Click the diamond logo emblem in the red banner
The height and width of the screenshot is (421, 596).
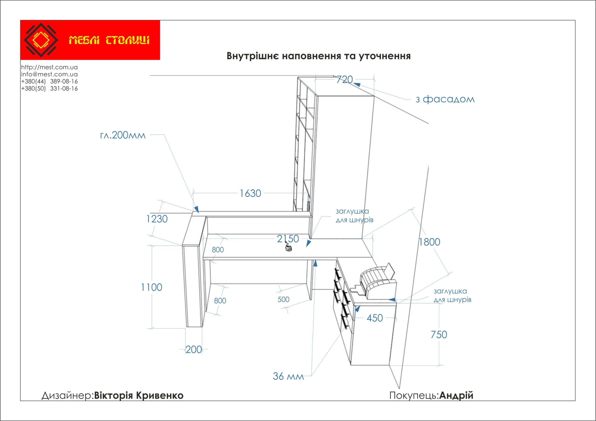pyautogui.click(x=41, y=40)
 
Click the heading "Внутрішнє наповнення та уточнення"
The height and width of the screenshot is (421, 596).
pyautogui.click(x=318, y=56)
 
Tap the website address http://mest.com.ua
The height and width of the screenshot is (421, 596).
pyautogui.click(x=49, y=67)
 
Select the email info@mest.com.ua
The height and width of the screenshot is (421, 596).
pyautogui.click(x=49, y=74)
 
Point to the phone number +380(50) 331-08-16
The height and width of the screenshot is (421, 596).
pyautogui.click(x=49, y=88)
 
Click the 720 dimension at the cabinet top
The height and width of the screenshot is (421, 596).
pyautogui.click(x=345, y=79)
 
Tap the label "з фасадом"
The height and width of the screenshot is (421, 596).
pyautogui.click(x=445, y=99)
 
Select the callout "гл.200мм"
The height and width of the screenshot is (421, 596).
pyautogui.click(x=123, y=135)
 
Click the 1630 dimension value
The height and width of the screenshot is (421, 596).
pyautogui.click(x=250, y=193)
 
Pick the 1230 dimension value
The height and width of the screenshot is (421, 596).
pyautogui.click(x=157, y=219)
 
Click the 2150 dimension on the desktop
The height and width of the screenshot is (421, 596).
pyautogui.click(x=288, y=239)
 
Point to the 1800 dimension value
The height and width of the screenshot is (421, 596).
pyautogui.click(x=429, y=242)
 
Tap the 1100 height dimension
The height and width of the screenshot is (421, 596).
pyautogui.click(x=151, y=287)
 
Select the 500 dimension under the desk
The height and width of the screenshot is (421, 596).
pyautogui.click(x=284, y=299)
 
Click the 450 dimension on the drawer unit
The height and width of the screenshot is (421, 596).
pyautogui.click(x=375, y=318)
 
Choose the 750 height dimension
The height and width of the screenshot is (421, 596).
pyautogui.click(x=439, y=335)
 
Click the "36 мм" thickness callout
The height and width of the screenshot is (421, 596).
pyautogui.click(x=288, y=376)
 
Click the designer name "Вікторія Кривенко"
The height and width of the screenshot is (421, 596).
pyautogui.click(x=139, y=396)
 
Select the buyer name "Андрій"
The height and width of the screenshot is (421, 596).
pyautogui.click(x=456, y=396)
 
